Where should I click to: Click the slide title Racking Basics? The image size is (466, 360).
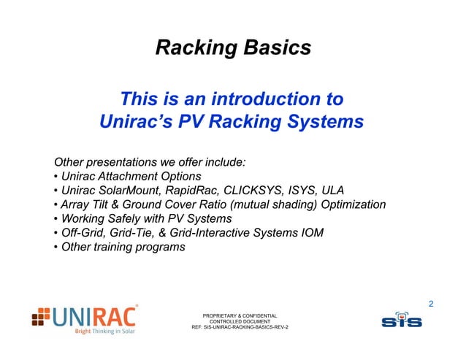point(233,48)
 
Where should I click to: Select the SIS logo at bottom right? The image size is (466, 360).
point(401,320)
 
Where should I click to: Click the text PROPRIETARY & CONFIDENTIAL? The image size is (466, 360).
point(240,315)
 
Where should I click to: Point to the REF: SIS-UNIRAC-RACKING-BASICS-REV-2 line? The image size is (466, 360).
point(240,328)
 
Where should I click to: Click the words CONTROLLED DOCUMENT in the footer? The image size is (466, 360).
point(240,321)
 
